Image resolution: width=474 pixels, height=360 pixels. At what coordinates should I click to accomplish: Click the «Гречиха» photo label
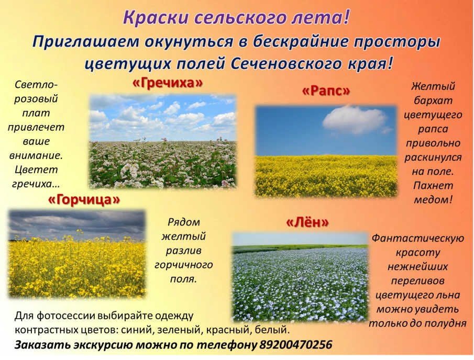click(167, 83)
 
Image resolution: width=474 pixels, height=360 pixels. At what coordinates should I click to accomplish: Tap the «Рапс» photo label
click(326, 91)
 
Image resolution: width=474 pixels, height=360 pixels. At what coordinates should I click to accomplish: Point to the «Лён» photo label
click(307, 222)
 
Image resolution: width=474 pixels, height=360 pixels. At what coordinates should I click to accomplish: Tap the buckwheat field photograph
click(162, 141)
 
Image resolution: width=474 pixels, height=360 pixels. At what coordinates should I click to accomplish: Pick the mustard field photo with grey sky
click(77, 254)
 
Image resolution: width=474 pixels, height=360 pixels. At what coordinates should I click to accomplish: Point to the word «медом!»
click(433, 199)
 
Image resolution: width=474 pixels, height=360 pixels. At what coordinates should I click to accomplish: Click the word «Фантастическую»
click(417, 239)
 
